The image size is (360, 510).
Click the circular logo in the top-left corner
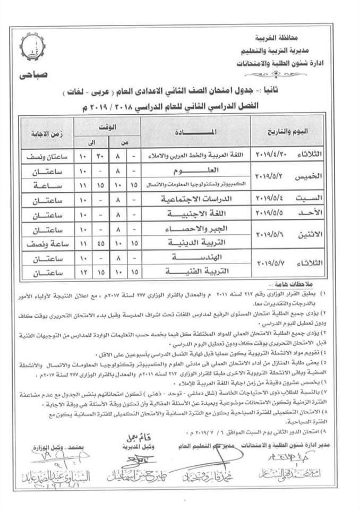click(32, 49)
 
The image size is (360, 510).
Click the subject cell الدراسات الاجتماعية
click(201, 199)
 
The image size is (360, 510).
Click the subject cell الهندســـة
click(201, 257)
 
